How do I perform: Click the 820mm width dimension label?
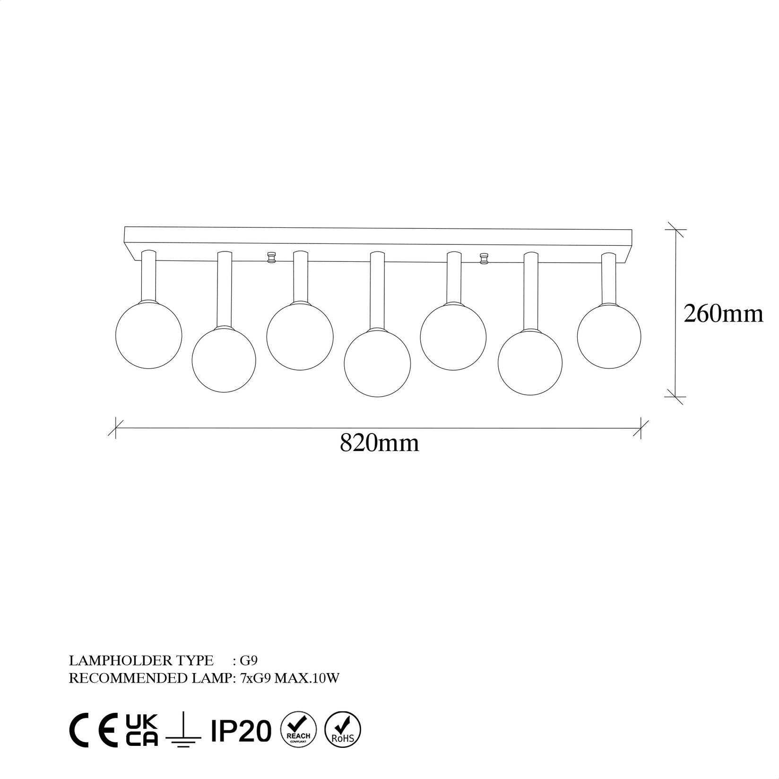coord(379,443)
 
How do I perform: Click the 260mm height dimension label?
coord(723,314)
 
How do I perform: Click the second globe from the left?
coord(224,359)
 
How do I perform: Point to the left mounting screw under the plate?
coord(271,258)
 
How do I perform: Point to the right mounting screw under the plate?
coord(484,259)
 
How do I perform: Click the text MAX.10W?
coord(307,678)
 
